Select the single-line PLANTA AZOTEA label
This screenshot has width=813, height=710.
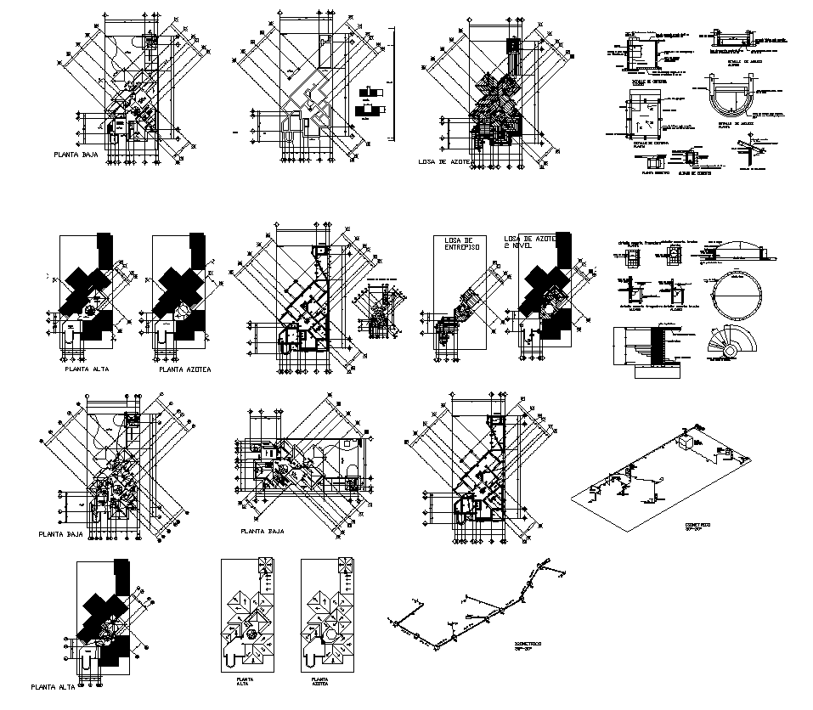(x=185, y=370)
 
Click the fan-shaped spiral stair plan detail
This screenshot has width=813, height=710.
(x=730, y=343)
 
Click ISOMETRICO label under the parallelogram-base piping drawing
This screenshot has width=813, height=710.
(x=697, y=526)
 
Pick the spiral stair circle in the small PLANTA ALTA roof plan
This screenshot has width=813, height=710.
(x=252, y=634)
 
